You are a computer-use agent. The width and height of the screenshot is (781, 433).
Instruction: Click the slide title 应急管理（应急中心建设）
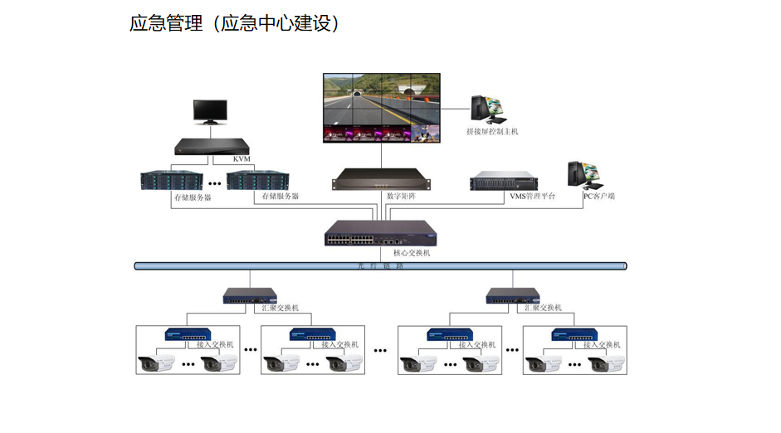(x=234, y=23)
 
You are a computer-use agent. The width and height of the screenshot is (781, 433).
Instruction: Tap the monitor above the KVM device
(x=210, y=113)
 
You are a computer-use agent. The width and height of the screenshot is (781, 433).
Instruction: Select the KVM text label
(x=242, y=158)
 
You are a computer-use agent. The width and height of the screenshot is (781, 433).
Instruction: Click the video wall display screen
(x=381, y=108)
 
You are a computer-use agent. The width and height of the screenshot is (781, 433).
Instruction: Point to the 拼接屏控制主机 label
(x=492, y=131)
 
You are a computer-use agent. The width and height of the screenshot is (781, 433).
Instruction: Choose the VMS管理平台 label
(x=532, y=197)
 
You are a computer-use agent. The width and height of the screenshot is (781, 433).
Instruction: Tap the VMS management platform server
(x=503, y=182)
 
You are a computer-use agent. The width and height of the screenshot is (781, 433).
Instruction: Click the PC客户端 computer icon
(x=583, y=174)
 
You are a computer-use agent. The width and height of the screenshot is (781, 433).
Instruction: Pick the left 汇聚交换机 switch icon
(x=250, y=295)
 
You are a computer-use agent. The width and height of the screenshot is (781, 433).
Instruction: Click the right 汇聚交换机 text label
(x=543, y=308)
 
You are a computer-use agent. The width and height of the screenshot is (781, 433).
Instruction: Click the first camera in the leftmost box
(x=156, y=363)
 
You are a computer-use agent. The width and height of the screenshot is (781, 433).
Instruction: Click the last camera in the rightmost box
(x=606, y=363)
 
